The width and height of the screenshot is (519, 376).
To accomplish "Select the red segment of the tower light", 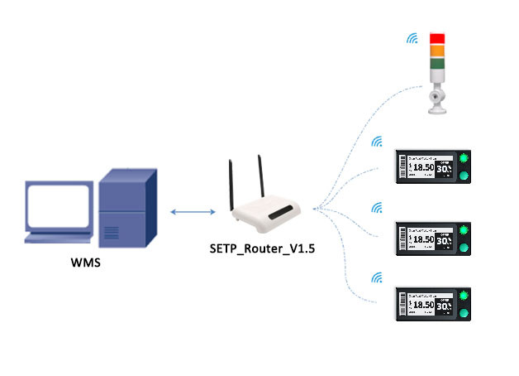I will pos(436,38).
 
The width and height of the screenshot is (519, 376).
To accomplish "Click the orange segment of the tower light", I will pos(436,51).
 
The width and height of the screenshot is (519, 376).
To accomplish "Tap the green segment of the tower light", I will pos(436,64).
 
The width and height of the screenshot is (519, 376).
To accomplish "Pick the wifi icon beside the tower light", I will pos(410,38).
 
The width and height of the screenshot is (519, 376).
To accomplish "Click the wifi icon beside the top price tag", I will pos(377,142).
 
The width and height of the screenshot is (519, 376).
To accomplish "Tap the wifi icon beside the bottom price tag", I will pos(377,277).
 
